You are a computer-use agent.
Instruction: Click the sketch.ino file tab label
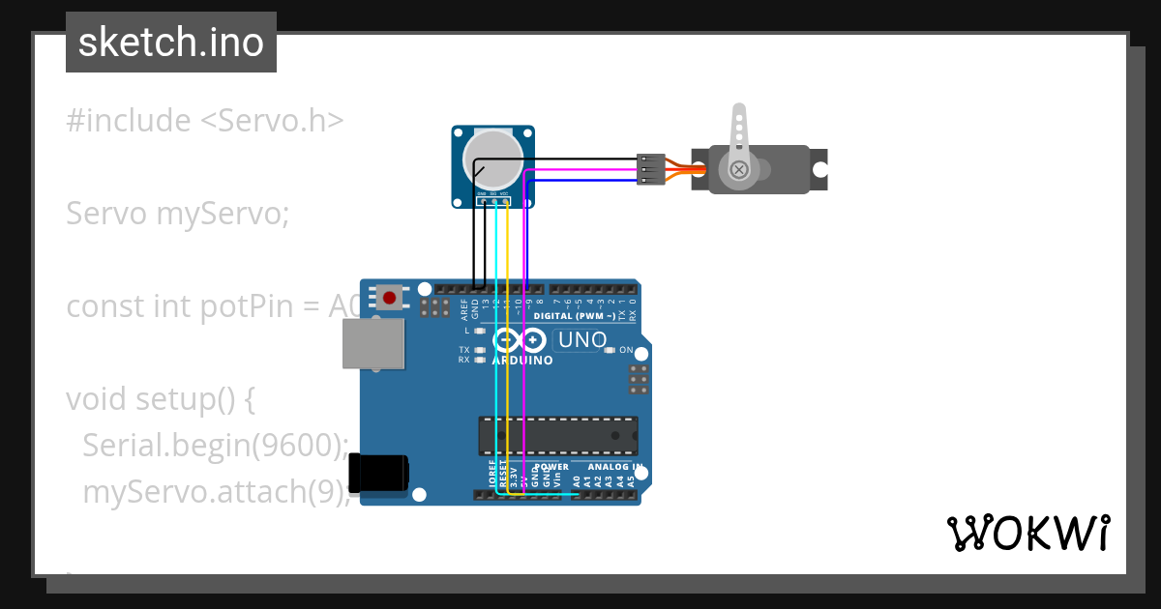click(171, 43)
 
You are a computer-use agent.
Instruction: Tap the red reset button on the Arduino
click(389, 297)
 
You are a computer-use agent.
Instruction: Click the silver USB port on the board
click(372, 344)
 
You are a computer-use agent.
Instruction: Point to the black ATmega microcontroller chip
click(558, 435)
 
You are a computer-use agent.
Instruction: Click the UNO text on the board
click(582, 340)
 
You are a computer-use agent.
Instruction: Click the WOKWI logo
click(1027, 533)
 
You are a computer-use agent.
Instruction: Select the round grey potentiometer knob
click(493, 160)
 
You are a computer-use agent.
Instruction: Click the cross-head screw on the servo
click(740, 170)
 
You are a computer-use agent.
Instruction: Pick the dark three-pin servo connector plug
click(651, 169)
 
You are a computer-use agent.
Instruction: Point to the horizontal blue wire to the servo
click(580, 180)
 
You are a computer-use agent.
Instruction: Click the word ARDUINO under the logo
click(522, 361)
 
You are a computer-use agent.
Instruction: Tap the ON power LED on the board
click(609, 350)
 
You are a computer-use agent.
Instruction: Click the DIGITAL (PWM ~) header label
click(579, 316)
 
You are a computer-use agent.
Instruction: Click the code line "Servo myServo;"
click(178, 214)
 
